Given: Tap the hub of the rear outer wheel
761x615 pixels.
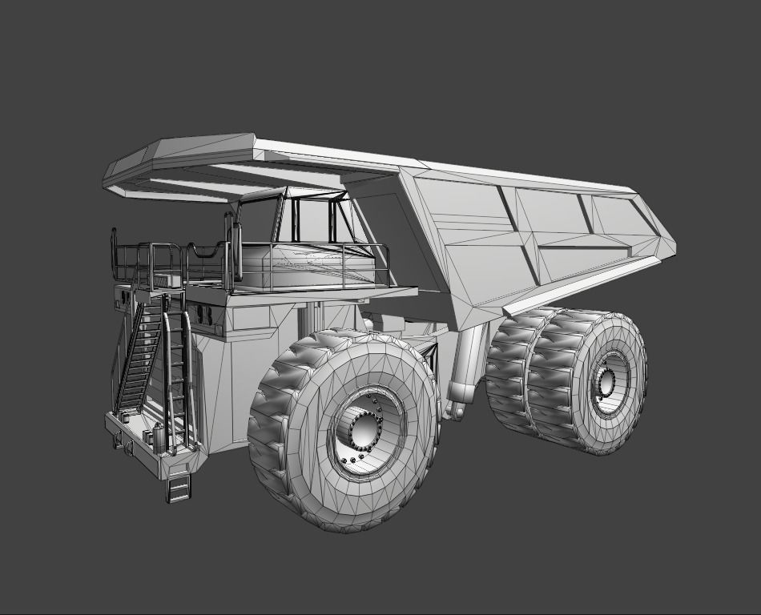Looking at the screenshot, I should pos(606,384).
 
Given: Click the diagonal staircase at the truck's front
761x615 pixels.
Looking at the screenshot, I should pos(139,356).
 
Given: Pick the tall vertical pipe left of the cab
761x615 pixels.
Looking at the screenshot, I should pos(236,248).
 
